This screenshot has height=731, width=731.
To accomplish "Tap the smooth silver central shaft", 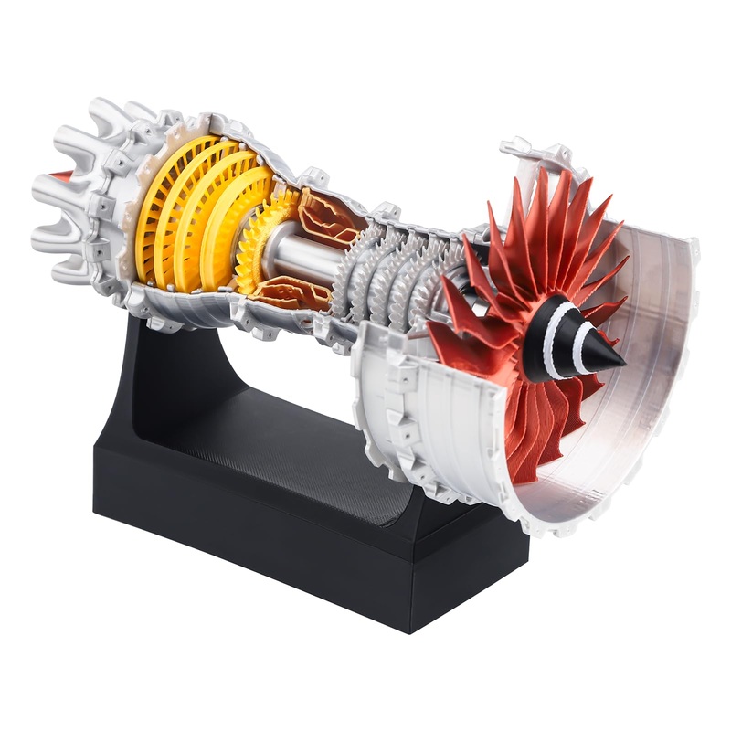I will [x=302, y=251].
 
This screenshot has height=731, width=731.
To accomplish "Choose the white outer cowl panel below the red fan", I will [x=439, y=429].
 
